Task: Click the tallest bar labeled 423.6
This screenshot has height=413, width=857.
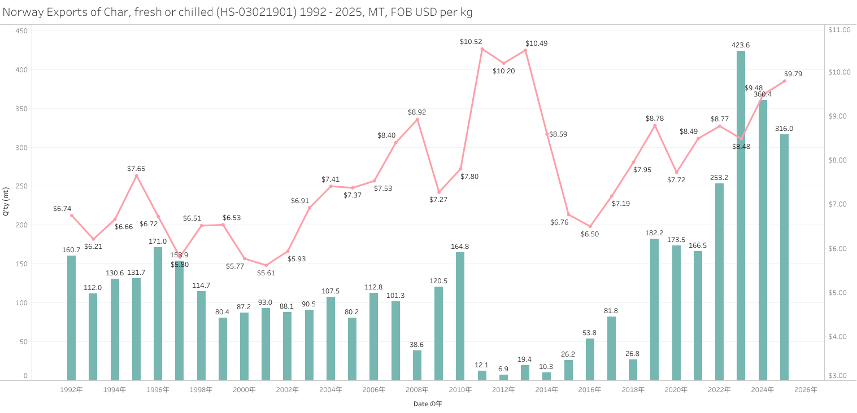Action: coord(741,214)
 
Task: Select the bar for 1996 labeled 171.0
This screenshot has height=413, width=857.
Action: coord(158,313)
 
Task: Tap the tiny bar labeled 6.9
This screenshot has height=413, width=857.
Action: coord(503,377)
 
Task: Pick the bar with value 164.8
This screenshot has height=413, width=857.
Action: coord(460,316)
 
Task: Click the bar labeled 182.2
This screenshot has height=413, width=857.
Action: coord(654,309)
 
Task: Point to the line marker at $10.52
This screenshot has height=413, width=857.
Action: coord(482,49)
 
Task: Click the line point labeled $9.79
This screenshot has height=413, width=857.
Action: coord(784,81)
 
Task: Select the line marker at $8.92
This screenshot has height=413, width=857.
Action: coord(417,120)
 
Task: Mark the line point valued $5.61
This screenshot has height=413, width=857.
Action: coord(266,265)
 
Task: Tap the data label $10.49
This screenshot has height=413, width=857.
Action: coord(536,43)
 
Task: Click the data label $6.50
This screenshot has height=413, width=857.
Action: coord(590,234)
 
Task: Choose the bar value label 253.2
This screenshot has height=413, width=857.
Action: coord(719,178)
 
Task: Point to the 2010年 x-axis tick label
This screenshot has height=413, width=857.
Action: coord(460,390)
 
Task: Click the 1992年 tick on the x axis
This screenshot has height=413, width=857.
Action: coord(71,390)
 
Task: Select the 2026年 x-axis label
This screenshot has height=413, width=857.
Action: coord(806,390)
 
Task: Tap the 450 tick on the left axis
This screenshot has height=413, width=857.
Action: coord(21,30)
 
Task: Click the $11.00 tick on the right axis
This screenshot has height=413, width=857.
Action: coord(839,30)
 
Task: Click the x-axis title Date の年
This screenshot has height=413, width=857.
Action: coord(427,404)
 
